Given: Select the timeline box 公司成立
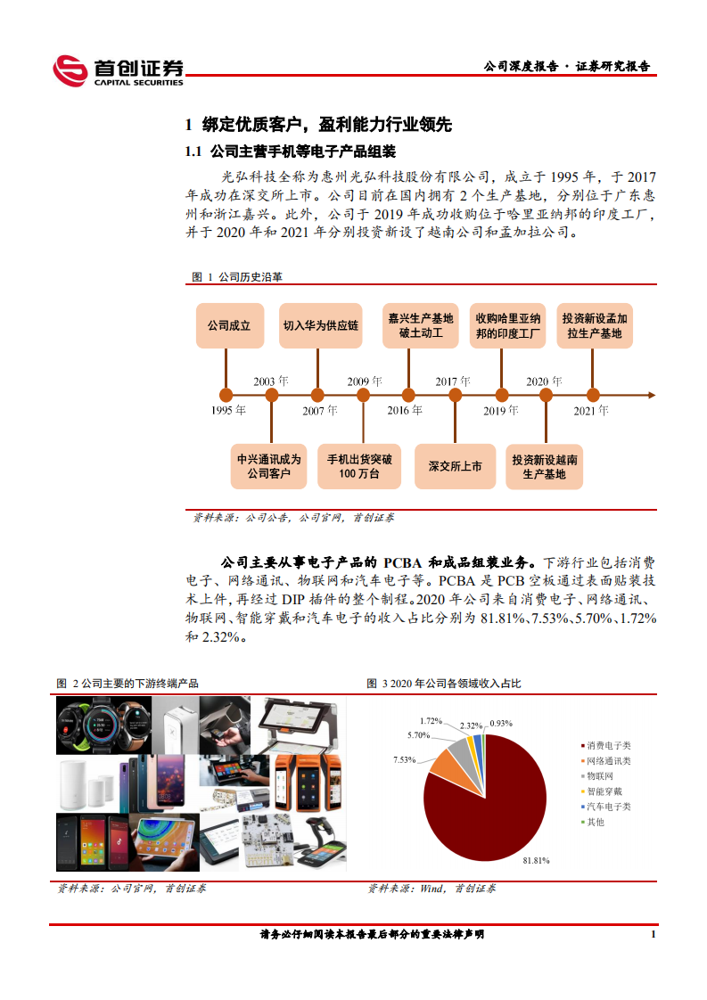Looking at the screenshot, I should click(x=229, y=325).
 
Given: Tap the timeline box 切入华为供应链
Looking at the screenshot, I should click(x=321, y=325).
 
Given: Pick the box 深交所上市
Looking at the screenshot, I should click(x=455, y=466).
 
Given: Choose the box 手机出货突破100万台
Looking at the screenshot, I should click(x=358, y=466).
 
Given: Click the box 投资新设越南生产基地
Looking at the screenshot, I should click(x=545, y=466).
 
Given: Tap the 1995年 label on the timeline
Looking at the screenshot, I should click(x=228, y=410).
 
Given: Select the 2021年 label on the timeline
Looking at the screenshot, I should click(x=591, y=411).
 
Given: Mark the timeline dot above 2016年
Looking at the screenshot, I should click(x=407, y=394).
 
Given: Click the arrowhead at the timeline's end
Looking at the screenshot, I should click(x=652, y=394).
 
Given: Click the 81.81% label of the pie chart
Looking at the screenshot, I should click(x=535, y=861).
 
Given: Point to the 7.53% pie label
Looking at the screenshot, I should click(x=405, y=759).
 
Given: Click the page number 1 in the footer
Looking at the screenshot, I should click(x=654, y=934).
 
